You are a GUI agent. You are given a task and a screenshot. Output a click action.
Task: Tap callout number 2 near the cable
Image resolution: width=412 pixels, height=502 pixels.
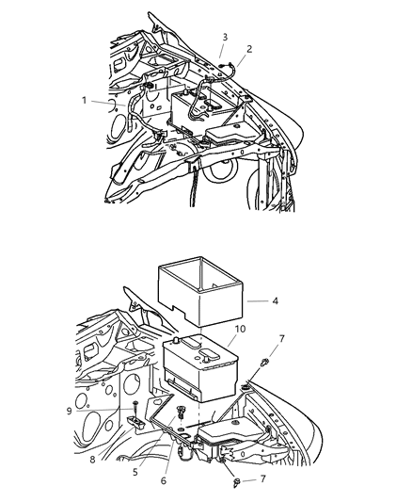[249, 48]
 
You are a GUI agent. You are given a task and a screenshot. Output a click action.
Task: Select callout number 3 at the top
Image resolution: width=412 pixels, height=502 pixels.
[224, 38]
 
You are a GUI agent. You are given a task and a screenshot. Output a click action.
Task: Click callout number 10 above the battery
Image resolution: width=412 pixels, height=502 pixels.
[240, 329]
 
